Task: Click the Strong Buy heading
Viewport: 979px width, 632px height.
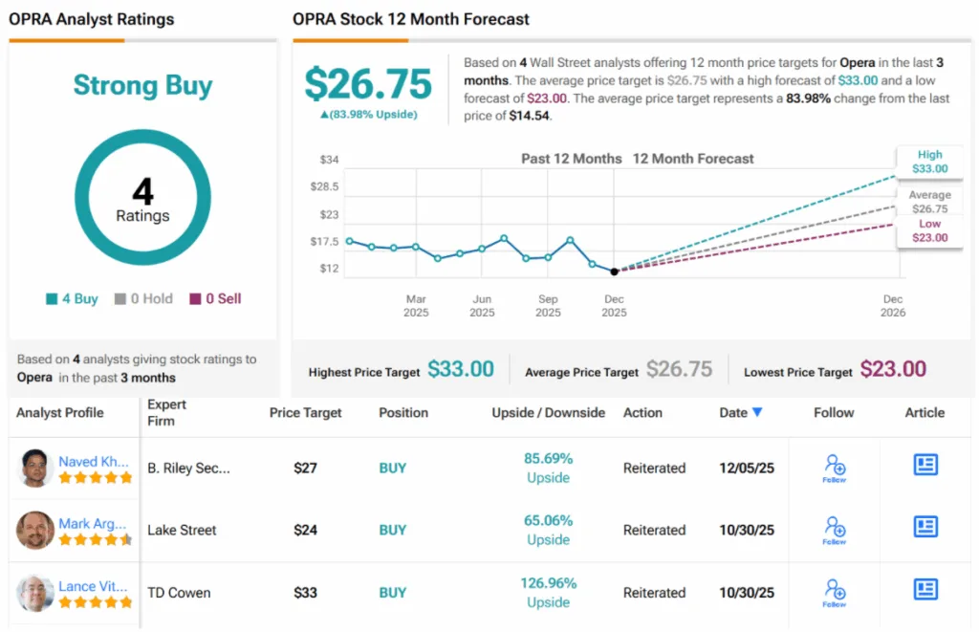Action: (142, 85)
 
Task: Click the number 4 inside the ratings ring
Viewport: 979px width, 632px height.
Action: (142, 191)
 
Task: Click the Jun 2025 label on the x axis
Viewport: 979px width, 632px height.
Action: (482, 305)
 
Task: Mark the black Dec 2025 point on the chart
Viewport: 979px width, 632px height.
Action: (614, 272)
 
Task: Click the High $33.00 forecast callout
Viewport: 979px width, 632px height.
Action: (928, 162)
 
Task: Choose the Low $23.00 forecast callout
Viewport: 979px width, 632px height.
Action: (929, 230)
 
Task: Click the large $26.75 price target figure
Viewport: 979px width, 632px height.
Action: (368, 84)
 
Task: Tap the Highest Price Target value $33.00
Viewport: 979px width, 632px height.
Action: (460, 369)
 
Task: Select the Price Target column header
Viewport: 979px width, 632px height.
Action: (305, 413)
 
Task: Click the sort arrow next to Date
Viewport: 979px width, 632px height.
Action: (757, 412)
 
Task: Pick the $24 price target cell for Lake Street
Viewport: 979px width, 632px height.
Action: (305, 530)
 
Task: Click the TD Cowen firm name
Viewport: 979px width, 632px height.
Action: (179, 593)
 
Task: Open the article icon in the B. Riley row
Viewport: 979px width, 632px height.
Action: (925, 465)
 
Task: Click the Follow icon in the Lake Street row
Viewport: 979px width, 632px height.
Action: (834, 529)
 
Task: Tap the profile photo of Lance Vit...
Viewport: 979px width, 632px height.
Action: (35, 593)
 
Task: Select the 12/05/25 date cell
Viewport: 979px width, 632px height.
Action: (747, 469)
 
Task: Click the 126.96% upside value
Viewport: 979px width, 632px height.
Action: (548, 583)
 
